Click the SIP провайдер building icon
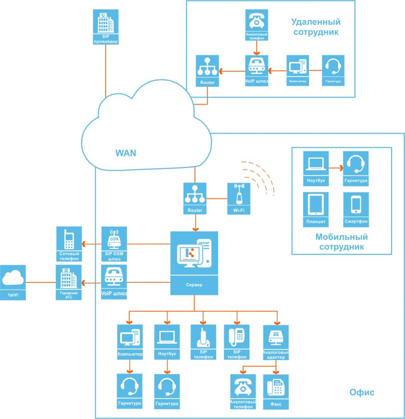point(106,27)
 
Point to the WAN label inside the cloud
point(126,153)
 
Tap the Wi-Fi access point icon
point(239,198)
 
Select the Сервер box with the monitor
point(194,262)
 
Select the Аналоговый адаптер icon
point(276,342)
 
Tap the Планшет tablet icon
point(316,209)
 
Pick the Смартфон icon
point(356,209)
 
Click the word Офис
point(362,392)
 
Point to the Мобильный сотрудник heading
point(342,242)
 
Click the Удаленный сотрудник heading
point(315,27)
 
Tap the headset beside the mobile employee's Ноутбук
point(355,168)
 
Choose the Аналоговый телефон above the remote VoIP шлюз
point(256,24)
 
